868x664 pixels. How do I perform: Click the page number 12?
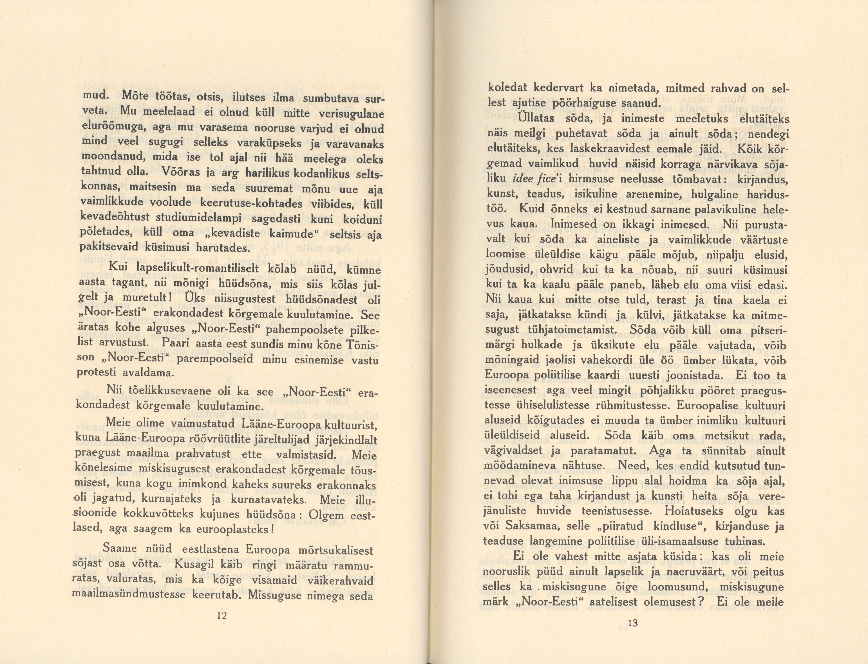click(222, 615)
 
